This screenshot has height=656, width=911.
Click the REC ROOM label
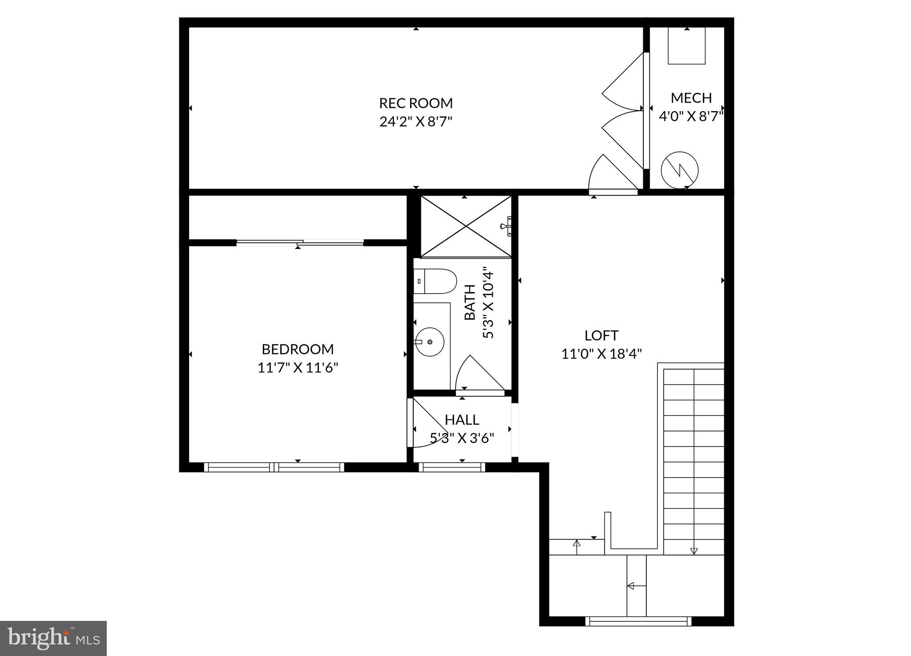(x=416, y=103)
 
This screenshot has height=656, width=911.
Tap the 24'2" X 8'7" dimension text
(x=416, y=121)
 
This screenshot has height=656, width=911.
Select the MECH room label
(x=691, y=98)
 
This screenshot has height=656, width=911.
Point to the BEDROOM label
(x=298, y=349)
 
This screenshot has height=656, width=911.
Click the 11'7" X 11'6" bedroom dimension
(x=298, y=368)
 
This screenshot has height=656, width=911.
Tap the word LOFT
(x=601, y=335)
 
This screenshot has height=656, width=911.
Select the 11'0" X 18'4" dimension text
(x=601, y=354)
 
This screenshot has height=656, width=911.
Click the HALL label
(x=462, y=420)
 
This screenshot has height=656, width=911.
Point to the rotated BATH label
(x=470, y=302)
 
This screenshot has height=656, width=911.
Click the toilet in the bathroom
(x=435, y=281)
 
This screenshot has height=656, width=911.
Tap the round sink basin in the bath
(x=430, y=342)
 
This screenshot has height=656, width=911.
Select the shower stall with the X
(x=466, y=226)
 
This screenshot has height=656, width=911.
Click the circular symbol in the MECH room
(x=680, y=170)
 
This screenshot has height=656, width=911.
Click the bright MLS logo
(x=53, y=639)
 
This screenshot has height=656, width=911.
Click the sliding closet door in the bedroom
(x=300, y=242)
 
